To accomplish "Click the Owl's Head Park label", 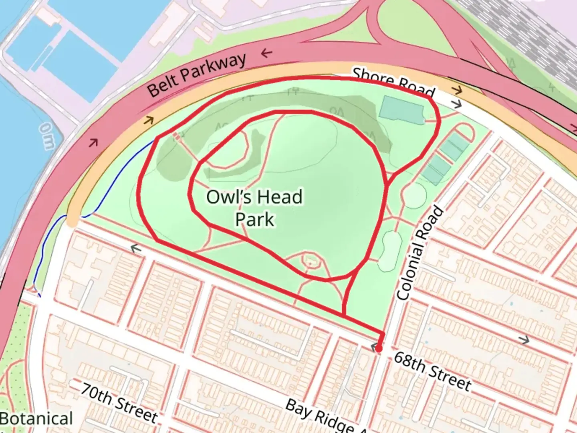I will point(254,208).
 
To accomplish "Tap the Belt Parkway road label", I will point(196,75).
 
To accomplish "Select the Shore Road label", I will point(393,84).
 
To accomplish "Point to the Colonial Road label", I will point(420,253).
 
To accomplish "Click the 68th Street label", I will point(432,371).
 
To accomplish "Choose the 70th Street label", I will point(119,402).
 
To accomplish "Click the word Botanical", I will point(36,419).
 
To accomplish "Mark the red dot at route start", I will point(379,349).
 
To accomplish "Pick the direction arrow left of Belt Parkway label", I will point(149,120).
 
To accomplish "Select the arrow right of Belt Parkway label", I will point(267,53).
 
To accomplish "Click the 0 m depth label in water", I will point(46,136).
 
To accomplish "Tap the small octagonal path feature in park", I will point(309,261).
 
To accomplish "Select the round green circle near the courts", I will point(414,196).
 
